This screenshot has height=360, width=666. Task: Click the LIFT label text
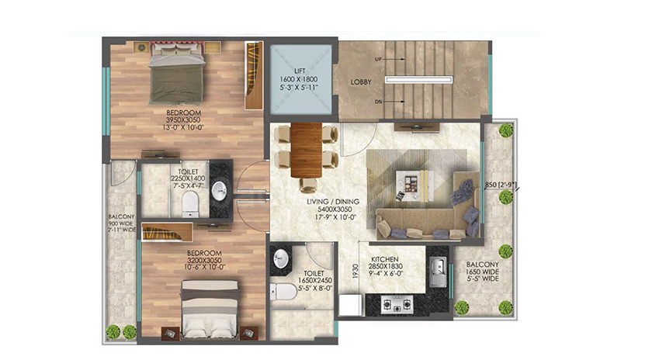tap(300, 71)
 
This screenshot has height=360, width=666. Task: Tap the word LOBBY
tap(361, 82)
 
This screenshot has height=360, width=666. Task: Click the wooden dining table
tap(307, 150)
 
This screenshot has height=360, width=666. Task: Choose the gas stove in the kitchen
tap(397, 304)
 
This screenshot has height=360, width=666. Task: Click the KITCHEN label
tap(385, 259)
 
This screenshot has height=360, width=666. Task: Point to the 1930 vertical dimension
tap(356, 272)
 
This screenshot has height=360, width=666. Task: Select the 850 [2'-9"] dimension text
tap(501, 185)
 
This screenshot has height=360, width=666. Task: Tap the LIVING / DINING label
tap(333, 202)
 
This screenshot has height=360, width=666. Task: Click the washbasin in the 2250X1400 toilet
tap(219, 191)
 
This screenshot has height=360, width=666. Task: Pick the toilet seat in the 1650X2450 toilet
tap(284, 291)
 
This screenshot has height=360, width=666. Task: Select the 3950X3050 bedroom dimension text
tap(183, 119)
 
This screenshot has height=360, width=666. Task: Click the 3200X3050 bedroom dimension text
tap(205, 260)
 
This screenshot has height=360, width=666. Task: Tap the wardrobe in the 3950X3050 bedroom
tap(254, 75)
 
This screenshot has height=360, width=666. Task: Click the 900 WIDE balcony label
tap(121, 223)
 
